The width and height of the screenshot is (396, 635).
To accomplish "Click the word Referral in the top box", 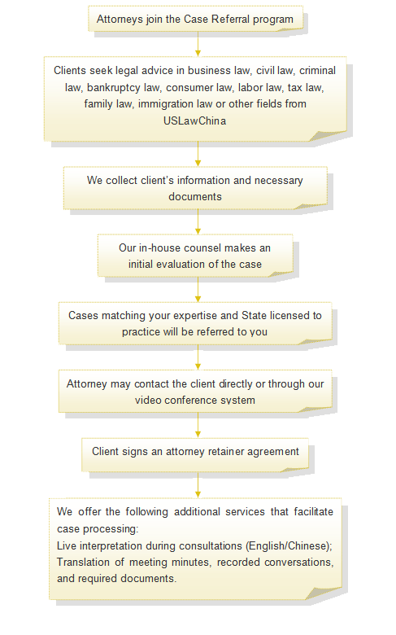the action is click(231, 19).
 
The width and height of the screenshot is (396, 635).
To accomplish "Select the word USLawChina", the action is click(194, 120).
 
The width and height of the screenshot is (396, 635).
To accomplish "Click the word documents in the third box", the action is click(195, 196).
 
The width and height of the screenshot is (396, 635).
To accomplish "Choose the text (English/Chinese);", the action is click(289, 546).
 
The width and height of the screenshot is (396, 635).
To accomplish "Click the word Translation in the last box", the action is click(83, 562).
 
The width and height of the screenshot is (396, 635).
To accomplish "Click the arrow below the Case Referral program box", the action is click(198, 44).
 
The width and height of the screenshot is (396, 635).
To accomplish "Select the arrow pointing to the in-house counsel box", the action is click(198, 222).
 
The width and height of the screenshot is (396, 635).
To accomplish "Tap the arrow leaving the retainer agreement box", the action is click(198, 485).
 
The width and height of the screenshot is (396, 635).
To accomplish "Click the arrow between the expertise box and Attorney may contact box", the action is click(198, 357).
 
